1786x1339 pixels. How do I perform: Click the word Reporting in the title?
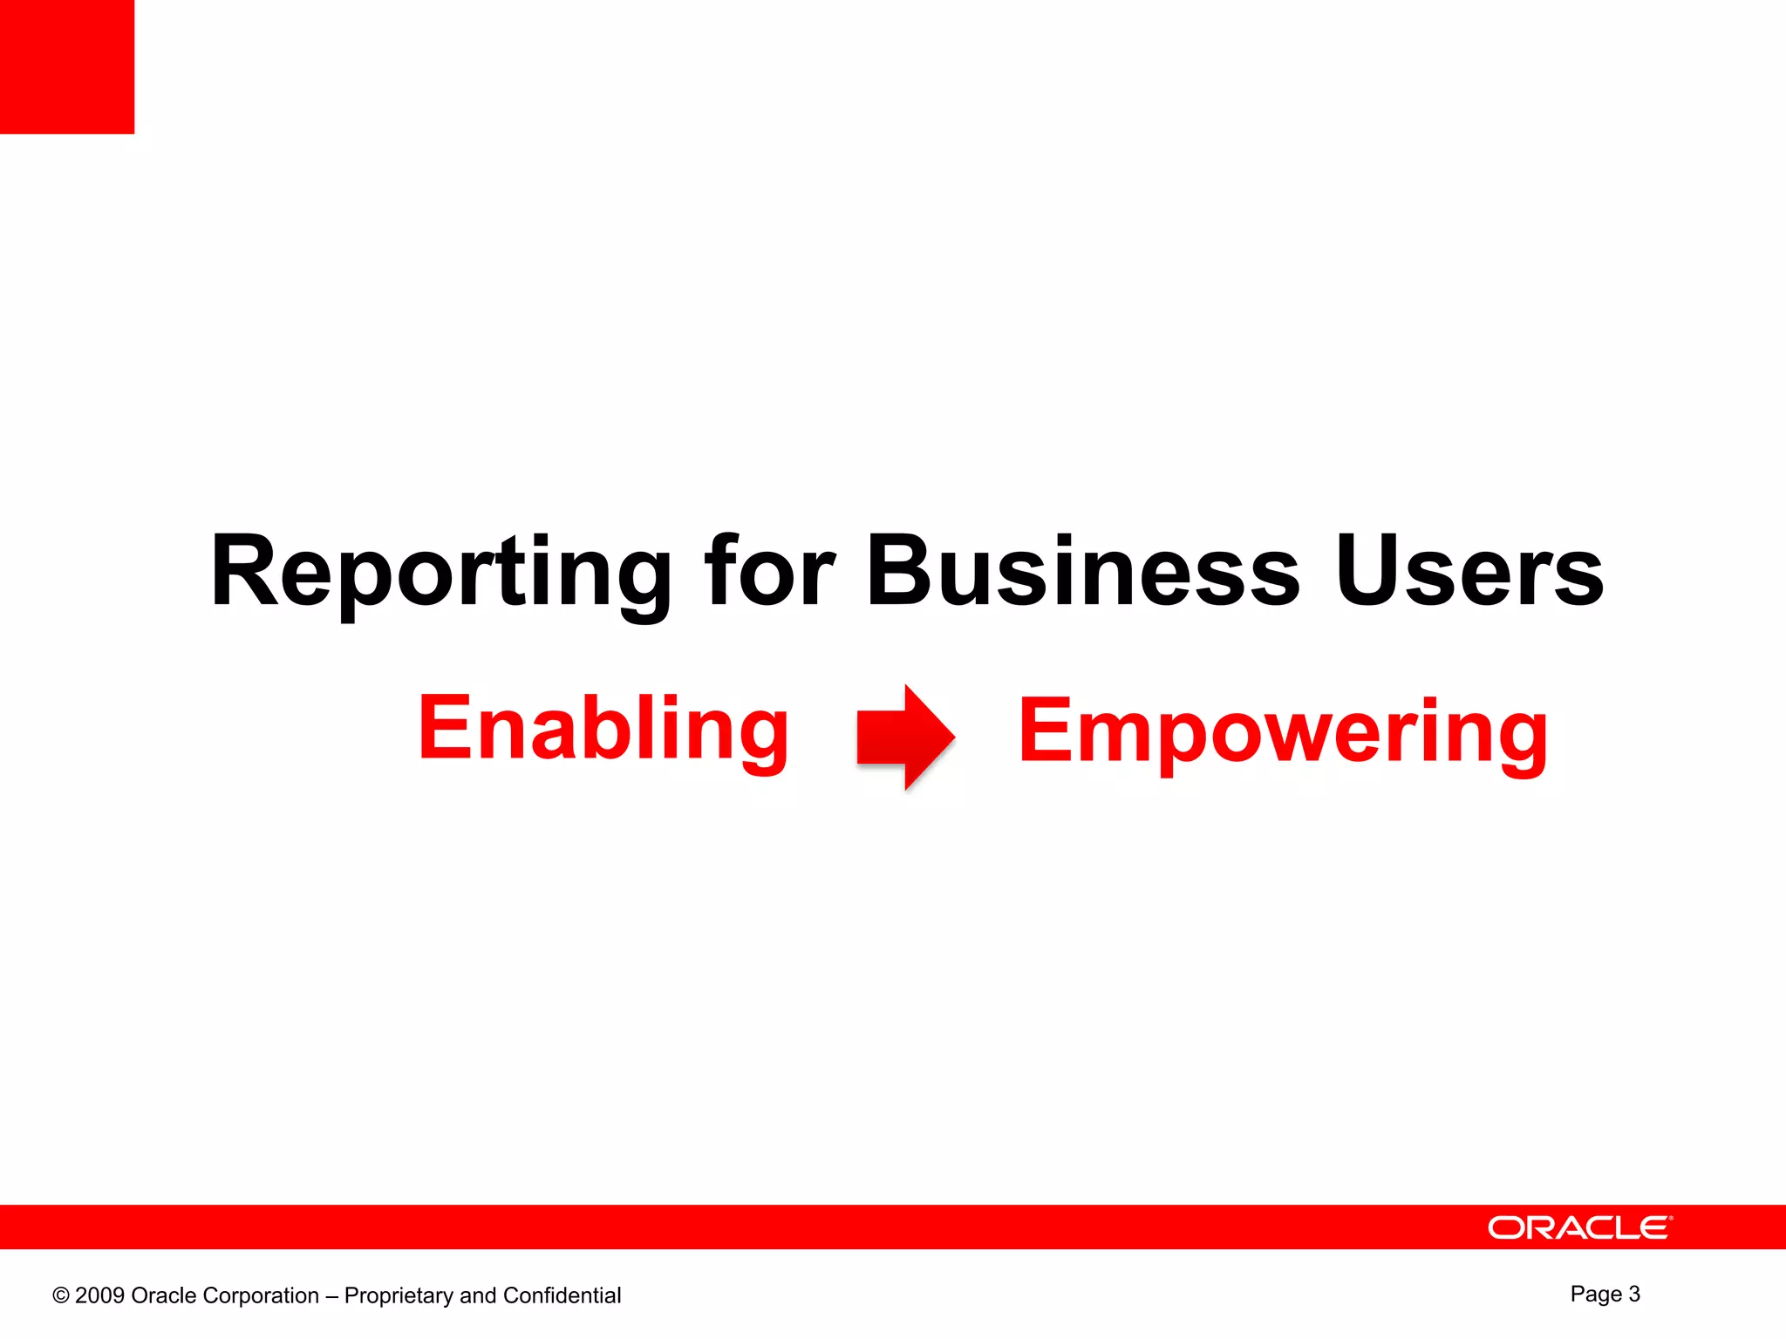coord(440,573)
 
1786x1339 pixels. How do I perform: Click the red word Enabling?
coord(603,729)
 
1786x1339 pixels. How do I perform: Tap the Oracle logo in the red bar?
coord(1579,1227)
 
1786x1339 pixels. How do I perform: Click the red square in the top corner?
coord(67,67)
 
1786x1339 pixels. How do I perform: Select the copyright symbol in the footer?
coord(61,1296)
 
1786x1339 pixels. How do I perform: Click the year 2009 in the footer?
coord(99,1296)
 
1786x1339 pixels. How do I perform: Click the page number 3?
coord(1633,1294)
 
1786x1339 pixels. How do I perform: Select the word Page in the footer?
coord(1596,1295)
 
